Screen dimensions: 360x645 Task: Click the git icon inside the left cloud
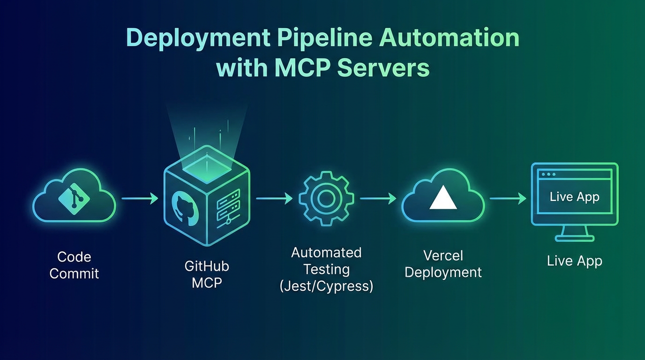(74, 199)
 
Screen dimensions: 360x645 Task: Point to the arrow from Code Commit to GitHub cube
(140, 199)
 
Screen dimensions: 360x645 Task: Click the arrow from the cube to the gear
(274, 199)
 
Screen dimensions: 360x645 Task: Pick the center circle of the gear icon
(326, 199)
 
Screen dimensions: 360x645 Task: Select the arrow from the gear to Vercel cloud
(378, 199)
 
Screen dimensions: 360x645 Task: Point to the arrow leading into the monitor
(508, 199)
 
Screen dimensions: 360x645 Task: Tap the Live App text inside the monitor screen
(574, 196)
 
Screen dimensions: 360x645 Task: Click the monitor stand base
(574, 238)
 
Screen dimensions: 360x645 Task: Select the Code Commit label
(74, 265)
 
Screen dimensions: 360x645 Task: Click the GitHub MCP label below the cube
(207, 274)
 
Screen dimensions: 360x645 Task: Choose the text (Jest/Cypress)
(326, 286)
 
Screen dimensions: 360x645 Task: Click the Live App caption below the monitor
(574, 261)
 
